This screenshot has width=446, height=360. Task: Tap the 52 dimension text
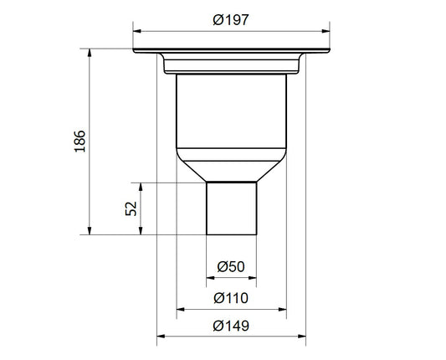[131, 208]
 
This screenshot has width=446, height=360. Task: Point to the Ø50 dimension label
[231, 266]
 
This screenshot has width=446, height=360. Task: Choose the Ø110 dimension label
[231, 298]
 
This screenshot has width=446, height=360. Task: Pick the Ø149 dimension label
[231, 327]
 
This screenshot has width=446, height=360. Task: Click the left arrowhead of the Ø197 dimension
[136, 33]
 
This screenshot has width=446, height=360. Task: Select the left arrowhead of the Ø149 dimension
[162, 338]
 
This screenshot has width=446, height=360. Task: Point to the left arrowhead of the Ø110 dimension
[179, 308]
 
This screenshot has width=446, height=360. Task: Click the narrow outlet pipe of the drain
[231, 209]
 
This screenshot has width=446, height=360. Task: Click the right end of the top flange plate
[326, 51]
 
